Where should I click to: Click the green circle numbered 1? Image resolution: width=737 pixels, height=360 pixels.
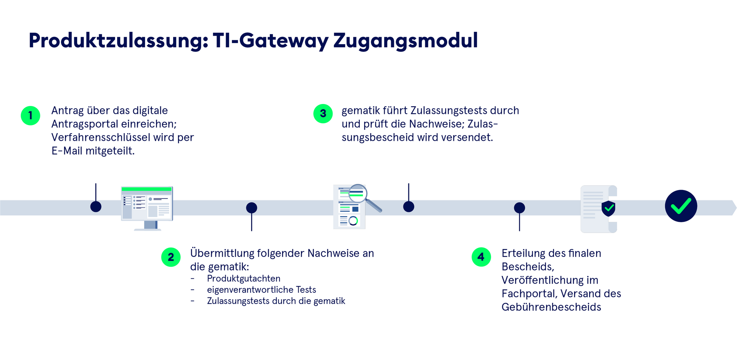(x=30, y=116)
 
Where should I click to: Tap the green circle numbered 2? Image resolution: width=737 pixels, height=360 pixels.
(x=171, y=257)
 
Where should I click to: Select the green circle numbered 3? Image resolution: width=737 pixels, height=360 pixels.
(x=323, y=114)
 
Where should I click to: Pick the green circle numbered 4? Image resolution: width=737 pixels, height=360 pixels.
(x=481, y=257)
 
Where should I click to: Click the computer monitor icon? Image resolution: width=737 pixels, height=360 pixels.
(x=147, y=207)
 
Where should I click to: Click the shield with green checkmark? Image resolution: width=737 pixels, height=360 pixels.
(x=608, y=208)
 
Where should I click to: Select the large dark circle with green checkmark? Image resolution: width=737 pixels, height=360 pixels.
(x=681, y=206)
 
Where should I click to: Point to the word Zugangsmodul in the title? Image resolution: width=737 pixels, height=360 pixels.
(x=405, y=41)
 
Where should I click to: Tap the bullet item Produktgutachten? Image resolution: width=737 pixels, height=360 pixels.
(x=244, y=279)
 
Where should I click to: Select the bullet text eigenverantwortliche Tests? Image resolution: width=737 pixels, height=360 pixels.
(x=261, y=290)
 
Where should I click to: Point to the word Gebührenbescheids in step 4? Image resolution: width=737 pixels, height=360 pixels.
(x=551, y=307)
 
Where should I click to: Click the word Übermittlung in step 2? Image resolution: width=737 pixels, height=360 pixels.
(x=222, y=253)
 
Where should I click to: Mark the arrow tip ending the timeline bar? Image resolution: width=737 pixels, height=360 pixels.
(x=734, y=208)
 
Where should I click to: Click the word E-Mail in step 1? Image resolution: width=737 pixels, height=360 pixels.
(x=67, y=151)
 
